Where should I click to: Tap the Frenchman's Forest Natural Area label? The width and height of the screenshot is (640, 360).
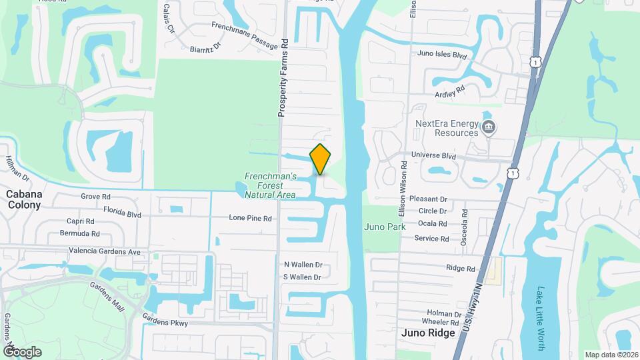(x=270, y=185)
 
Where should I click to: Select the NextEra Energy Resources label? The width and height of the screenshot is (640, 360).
(x=447, y=128)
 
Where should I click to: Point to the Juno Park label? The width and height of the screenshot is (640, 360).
(x=385, y=227)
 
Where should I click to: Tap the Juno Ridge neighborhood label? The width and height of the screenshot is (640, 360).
(x=429, y=332)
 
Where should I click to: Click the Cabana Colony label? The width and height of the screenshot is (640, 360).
(x=24, y=199)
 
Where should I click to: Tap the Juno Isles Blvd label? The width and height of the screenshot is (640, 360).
(x=441, y=55)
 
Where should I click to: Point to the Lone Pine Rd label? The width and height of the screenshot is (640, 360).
(x=250, y=218)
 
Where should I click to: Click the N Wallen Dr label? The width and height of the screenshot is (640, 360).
(x=303, y=265)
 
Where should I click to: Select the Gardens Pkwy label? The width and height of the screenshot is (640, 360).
(x=165, y=323)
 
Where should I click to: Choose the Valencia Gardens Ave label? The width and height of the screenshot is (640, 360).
(x=105, y=252)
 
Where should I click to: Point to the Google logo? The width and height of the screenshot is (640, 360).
(x=21, y=351)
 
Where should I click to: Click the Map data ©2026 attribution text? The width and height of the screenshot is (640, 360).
(x=610, y=355)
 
